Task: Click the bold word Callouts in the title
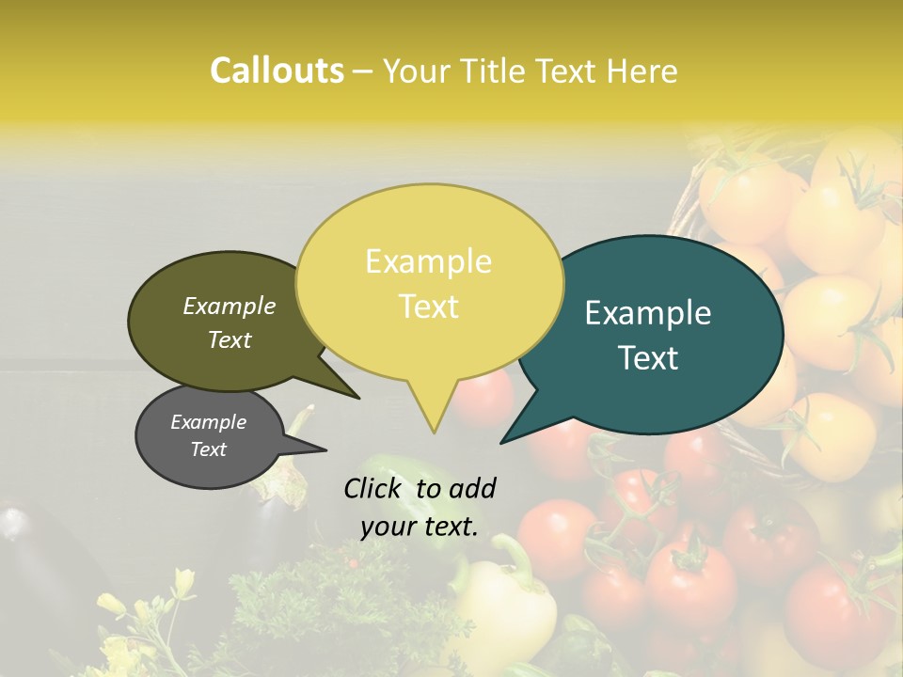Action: [277, 71]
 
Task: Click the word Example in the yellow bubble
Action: [428, 261]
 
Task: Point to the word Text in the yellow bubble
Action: [428, 307]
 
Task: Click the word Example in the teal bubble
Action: [648, 313]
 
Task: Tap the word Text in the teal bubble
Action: [648, 358]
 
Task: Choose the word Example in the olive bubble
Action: [230, 306]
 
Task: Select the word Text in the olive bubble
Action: [230, 339]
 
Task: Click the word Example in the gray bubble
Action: [208, 422]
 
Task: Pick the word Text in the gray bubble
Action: [208, 449]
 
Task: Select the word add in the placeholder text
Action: [472, 488]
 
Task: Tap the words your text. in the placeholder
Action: [419, 527]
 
